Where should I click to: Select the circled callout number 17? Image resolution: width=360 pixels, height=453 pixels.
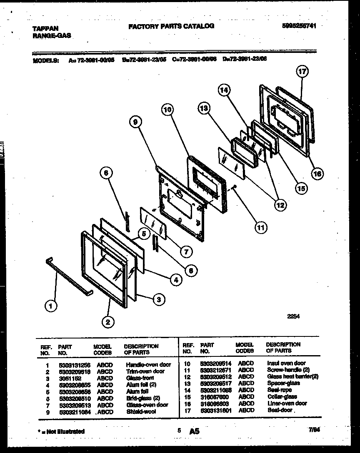click(302, 72)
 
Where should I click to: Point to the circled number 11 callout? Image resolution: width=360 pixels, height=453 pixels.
click(260, 227)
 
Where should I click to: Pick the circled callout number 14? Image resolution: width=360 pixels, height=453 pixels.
click(224, 90)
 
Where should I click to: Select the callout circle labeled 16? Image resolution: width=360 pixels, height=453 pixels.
click(317, 174)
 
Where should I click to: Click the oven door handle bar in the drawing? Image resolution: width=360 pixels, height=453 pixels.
click(71, 276)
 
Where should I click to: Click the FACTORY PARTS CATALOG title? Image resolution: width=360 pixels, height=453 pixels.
click(171, 26)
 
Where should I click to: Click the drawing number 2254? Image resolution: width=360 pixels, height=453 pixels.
click(293, 316)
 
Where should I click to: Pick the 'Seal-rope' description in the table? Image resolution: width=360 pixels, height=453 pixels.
click(279, 390)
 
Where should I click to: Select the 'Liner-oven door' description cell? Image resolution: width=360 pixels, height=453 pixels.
click(287, 403)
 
